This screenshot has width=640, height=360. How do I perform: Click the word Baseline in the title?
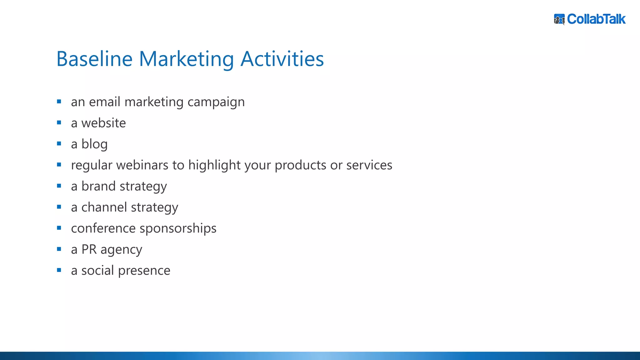(x=94, y=59)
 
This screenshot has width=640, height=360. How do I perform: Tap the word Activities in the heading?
(x=282, y=59)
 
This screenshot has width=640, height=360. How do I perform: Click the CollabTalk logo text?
(x=596, y=19)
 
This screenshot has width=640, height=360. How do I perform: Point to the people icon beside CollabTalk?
(x=559, y=19)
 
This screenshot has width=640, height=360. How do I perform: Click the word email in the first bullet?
(x=104, y=102)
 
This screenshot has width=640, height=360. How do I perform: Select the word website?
(x=103, y=123)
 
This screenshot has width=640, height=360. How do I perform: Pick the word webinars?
(x=142, y=165)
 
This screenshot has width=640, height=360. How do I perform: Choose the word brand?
(x=98, y=186)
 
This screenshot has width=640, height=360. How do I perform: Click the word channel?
(x=104, y=207)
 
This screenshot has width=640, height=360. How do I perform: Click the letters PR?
(x=89, y=249)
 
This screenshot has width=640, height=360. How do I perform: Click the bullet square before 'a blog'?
(x=59, y=144)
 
